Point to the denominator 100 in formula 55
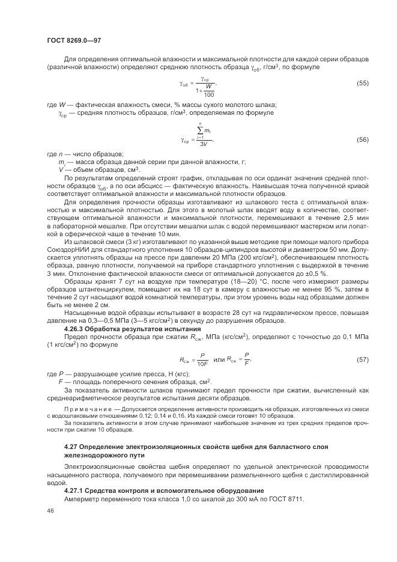[208, 95]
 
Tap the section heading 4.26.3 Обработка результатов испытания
[132, 329]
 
